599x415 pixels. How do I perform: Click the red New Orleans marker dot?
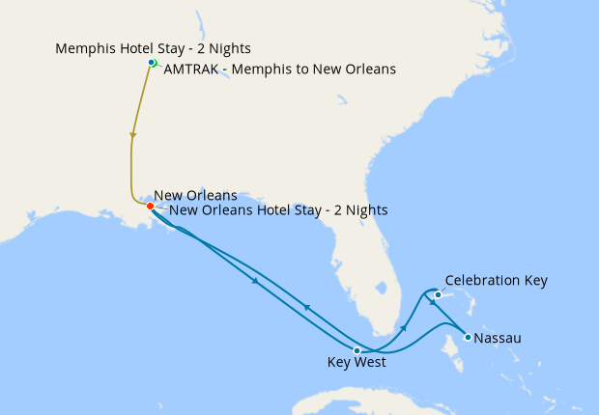pos(150,206)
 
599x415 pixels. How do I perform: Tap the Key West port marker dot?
pos(357,350)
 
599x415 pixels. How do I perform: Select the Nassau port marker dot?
pos(468,338)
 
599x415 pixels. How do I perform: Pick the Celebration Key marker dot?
pos(438,294)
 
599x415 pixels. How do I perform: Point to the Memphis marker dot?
pos(151,63)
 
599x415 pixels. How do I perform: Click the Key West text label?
pos(357,364)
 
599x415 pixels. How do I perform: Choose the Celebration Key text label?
pos(496,281)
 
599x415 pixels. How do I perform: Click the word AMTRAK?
pos(190,69)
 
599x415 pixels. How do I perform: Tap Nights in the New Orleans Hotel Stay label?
pos(365,209)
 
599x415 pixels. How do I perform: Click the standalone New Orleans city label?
pos(195,195)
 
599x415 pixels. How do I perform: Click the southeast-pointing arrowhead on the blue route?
pos(255,281)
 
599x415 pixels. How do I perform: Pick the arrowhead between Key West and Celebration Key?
pos(404,329)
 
